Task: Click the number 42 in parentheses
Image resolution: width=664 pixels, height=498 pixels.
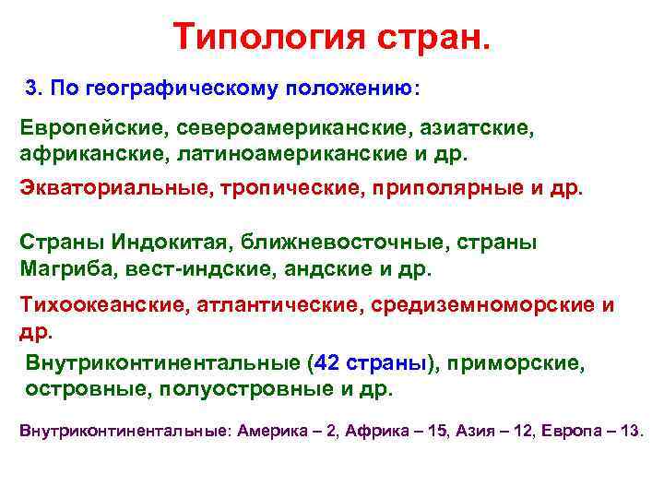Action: tap(327, 363)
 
